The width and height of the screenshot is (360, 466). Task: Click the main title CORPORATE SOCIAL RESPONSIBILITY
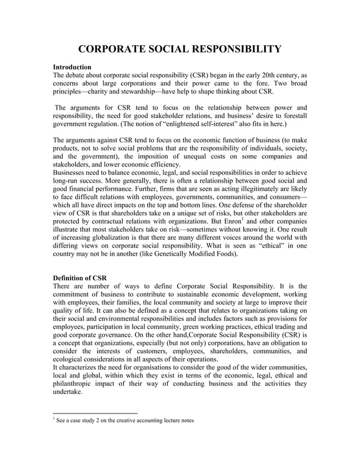tap(179, 49)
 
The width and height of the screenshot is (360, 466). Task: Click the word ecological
tap(75, 357)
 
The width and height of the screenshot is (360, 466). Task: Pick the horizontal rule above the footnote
tap(95, 412)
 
